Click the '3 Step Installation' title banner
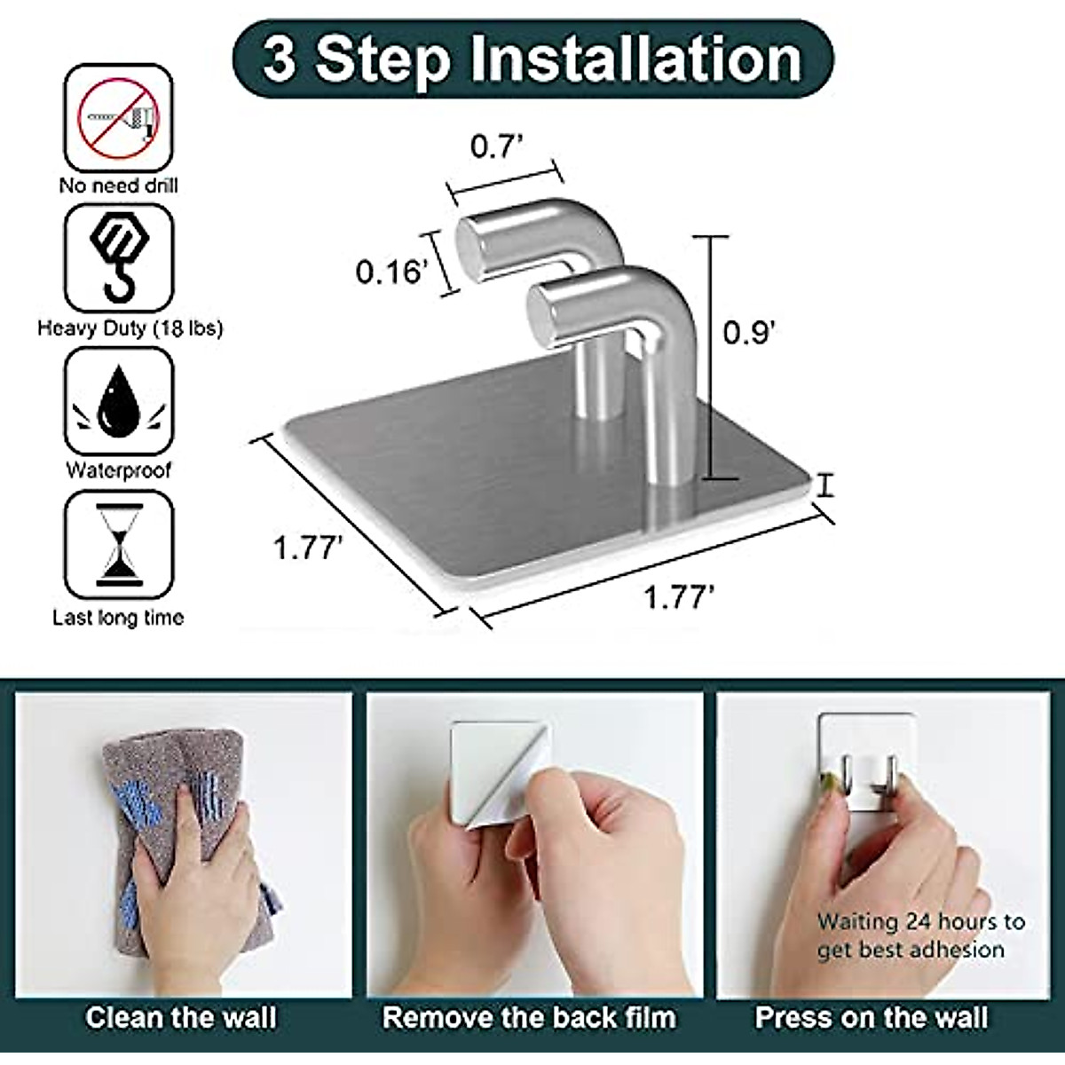coord(532,59)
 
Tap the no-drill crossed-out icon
coord(118,117)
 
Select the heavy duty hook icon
coord(118,257)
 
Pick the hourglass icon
coord(118,543)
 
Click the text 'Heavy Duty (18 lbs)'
coord(130,328)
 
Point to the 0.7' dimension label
coord(493,146)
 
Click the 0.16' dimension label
coord(391,272)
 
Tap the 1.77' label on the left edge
coord(307,548)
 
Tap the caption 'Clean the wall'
coord(181,1017)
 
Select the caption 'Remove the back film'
coord(529,1017)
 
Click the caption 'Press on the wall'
coord(872,1017)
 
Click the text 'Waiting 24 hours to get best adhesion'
coord(920,935)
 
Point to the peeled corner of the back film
coord(484,812)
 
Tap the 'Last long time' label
coord(118,618)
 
